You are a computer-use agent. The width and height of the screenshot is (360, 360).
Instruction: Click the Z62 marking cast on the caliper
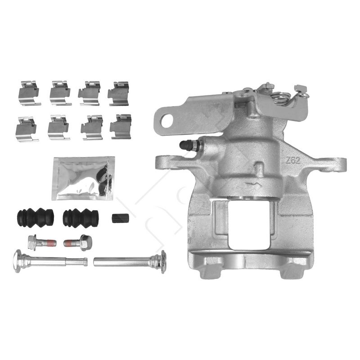tap(293, 160)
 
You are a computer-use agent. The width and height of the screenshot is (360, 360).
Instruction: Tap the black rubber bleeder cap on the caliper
tap(185, 145)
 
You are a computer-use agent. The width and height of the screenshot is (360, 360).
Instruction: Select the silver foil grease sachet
tap(83, 178)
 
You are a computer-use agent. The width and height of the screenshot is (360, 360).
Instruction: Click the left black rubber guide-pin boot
tap(36, 217)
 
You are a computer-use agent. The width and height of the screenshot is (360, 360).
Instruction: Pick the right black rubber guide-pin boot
tap(81, 218)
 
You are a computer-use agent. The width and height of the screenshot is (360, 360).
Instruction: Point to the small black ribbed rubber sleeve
tap(120, 218)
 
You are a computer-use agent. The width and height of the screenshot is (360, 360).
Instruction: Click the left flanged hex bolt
tap(42, 243)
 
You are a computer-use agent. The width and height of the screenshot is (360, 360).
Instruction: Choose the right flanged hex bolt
tap(78, 243)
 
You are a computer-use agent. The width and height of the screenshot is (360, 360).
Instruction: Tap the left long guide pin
tap(50, 261)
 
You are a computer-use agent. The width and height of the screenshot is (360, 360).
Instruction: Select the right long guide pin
tap(130, 262)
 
